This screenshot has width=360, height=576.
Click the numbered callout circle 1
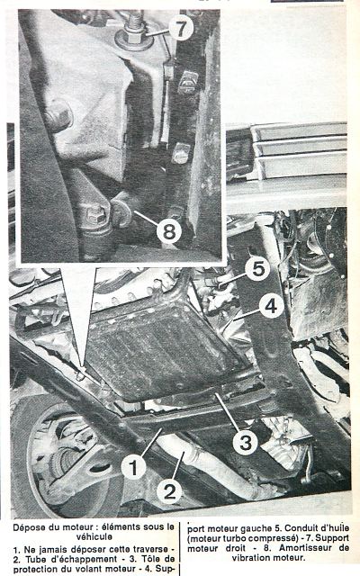point(132,468)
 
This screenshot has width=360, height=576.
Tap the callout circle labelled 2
point(169,491)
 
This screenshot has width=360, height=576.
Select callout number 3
point(246,442)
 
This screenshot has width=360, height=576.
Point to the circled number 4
point(271,306)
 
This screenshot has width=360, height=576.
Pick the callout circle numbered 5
point(257,269)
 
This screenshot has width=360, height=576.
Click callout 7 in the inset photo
point(181,28)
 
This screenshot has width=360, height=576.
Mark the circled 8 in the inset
point(169,231)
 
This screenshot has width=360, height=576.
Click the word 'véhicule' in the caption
point(94,536)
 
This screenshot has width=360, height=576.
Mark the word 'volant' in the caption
point(87,569)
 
